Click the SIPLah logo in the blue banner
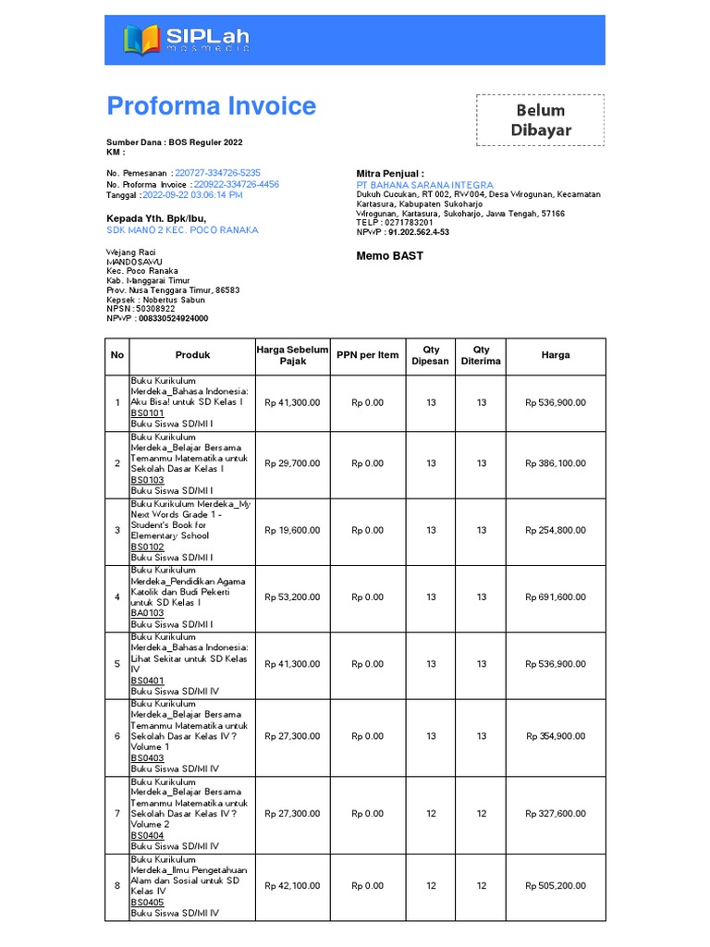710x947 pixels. click(x=186, y=39)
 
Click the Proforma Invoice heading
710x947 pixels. click(x=211, y=106)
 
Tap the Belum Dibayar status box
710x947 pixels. click(x=541, y=120)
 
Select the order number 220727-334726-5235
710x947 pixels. click(x=217, y=173)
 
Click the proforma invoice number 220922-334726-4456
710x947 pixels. click(x=236, y=184)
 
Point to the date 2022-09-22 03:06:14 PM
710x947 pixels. click(x=192, y=195)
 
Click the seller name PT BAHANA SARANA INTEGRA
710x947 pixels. click(x=424, y=185)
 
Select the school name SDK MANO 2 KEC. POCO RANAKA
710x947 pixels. click(x=182, y=230)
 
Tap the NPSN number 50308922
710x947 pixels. click(x=155, y=308)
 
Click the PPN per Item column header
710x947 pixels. click(x=367, y=355)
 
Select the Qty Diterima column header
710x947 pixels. click(x=481, y=356)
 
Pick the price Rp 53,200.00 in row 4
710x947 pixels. click(x=292, y=597)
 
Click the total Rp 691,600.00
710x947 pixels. click(x=555, y=597)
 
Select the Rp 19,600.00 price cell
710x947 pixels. click(x=292, y=531)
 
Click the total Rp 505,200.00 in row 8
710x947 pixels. click(x=555, y=886)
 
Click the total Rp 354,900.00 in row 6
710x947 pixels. click(x=555, y=736)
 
